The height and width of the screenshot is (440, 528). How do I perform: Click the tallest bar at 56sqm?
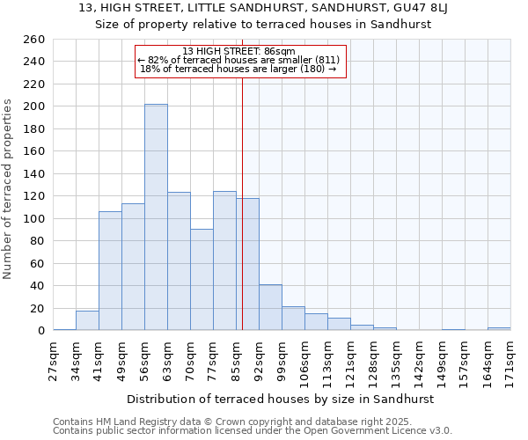156,217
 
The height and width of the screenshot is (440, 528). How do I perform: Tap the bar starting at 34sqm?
87,321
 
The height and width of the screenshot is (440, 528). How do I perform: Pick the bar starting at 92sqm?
270,308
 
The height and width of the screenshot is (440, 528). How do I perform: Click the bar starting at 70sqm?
202,280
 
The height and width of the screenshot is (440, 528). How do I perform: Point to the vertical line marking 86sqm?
242,202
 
